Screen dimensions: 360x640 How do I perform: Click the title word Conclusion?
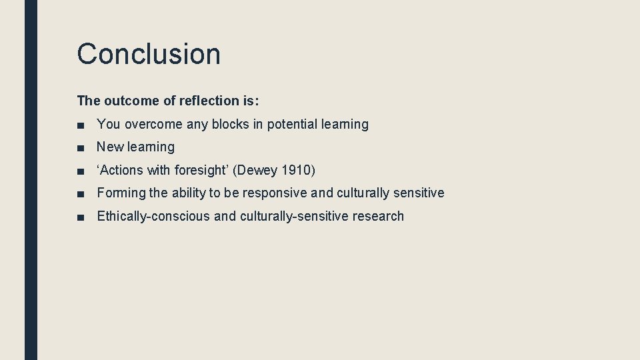coord(149,54)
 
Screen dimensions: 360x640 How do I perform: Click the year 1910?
coord(295,171)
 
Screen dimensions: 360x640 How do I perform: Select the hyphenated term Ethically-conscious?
coord(153,217)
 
